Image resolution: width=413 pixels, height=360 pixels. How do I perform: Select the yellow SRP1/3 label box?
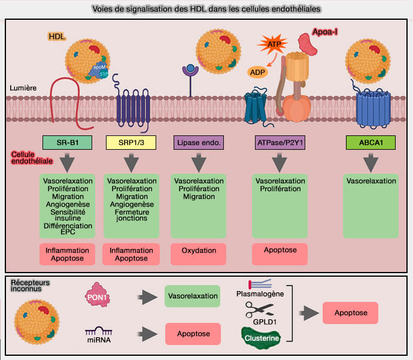(x=130, y=143)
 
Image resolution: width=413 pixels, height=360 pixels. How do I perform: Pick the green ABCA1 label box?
(x=371, y=143)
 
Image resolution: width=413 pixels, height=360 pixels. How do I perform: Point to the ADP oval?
(x=258, y=72)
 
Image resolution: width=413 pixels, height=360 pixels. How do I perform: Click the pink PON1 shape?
(x=99, y=297)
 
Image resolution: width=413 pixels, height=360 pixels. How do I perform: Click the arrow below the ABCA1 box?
(x=371, y=162)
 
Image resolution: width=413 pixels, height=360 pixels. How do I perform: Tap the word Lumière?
(x=23, y=87)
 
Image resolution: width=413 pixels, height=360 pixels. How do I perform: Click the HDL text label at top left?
(x=57, y=37)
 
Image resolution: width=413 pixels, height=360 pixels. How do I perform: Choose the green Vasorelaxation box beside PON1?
(x=192, y=296)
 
